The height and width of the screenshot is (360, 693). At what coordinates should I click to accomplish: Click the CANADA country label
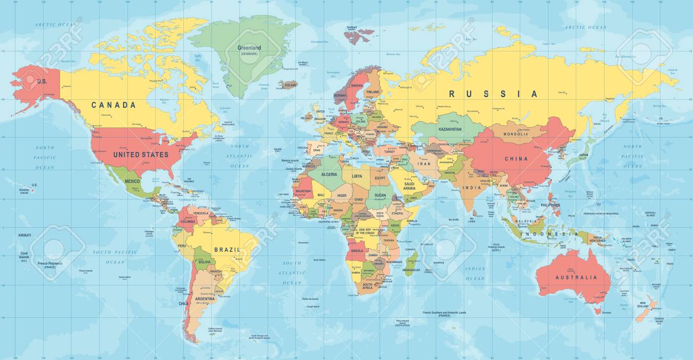[x=114, y=105]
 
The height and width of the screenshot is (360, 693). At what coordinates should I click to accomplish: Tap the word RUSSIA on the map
[x=493, y=94]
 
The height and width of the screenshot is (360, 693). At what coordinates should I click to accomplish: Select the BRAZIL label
[x=227, y=249]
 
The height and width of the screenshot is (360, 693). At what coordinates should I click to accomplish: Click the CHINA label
[x=516, y=158]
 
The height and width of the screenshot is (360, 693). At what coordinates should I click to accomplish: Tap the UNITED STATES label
[x=141, y=155]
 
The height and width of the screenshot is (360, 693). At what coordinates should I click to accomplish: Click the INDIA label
[x=472, y=188]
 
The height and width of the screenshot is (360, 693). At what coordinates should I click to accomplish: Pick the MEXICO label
[x=132, y=181]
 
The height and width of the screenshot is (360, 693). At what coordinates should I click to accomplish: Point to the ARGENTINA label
[x=205, y=299]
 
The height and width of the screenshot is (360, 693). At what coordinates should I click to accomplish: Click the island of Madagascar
[x=410, y=262]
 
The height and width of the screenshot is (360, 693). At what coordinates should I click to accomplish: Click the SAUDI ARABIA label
[x=409, y=186]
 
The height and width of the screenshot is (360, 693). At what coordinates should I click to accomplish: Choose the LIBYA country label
[x=357, y=176]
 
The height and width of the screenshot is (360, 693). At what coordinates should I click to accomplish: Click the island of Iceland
[x=288, y=85]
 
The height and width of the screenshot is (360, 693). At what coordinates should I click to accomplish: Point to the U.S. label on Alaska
[x=42, y=81]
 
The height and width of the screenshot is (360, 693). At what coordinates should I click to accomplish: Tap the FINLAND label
[x=373, y=92]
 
